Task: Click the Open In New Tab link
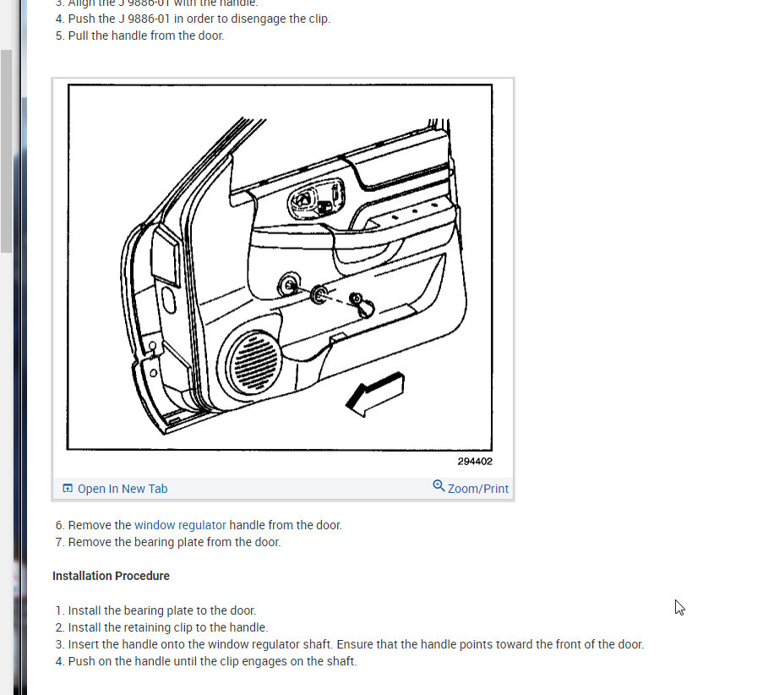coord(122,489)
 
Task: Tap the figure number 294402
coord(475,462)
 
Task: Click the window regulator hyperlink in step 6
coord(180,525)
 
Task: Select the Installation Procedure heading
coord(111,576)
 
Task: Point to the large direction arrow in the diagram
coord(375,394)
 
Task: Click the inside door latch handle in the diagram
coord(303,200)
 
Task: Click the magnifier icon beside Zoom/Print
coord(439,486)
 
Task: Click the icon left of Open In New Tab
coord(68,489)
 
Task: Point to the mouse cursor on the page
coord(679,607)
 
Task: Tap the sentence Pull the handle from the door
coord(146,36)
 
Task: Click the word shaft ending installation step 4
coord(341,661)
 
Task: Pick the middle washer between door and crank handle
coord(320,294)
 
